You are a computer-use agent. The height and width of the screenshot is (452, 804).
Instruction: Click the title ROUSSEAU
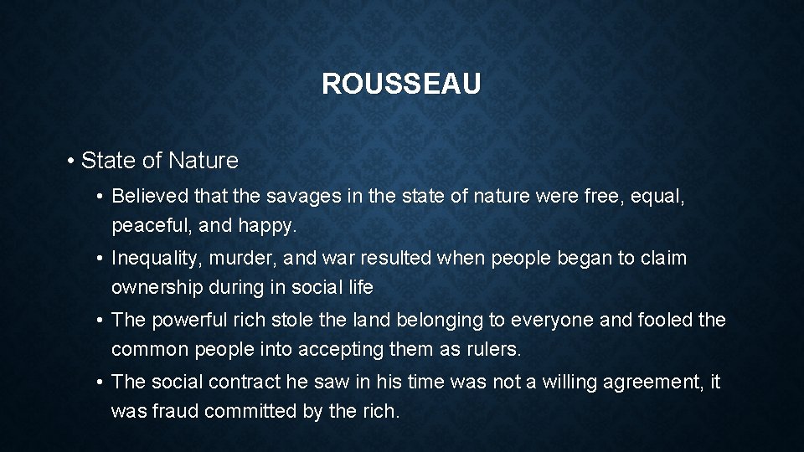(402, 85)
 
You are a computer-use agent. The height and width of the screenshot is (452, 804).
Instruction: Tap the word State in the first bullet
(103, 159)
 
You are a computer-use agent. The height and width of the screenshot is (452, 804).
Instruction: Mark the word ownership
(156, 289)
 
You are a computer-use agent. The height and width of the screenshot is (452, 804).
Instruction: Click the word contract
(239, 382)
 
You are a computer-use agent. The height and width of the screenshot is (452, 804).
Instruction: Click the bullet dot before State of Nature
(74, 160)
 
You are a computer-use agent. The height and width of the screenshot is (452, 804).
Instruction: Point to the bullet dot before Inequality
(100, 258)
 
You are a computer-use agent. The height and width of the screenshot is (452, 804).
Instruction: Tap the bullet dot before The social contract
(100, 382)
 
